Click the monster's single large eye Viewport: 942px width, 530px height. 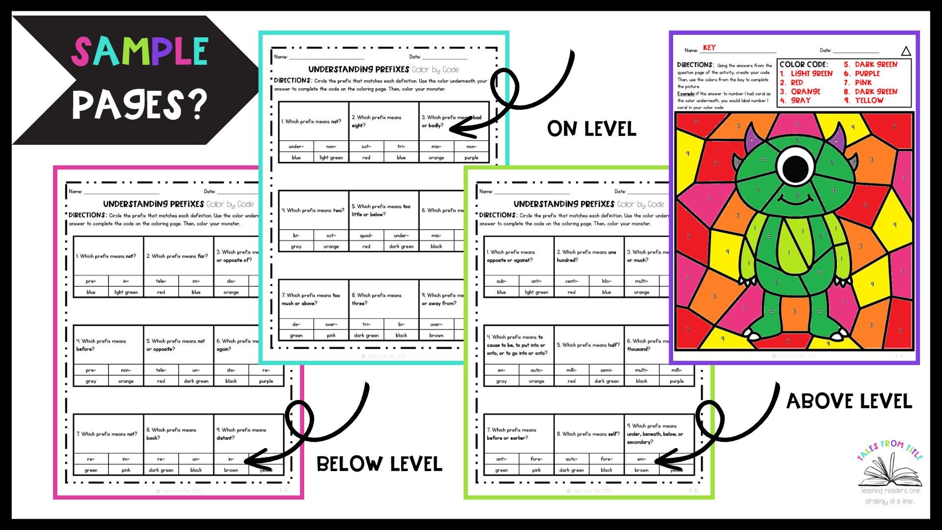[x=795, y=168]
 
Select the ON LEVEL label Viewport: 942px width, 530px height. [x=592, y=129]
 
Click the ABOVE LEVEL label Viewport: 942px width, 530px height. [x=849, y=401]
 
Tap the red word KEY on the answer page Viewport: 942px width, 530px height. [x=709, y=48]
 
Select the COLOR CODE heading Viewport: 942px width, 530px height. [x=804, y=64]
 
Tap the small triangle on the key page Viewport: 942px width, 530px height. [x=906, y=51]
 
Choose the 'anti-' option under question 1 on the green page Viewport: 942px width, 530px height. [x=536, y=281]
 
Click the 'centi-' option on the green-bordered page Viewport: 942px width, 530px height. [x=572, y=281]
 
